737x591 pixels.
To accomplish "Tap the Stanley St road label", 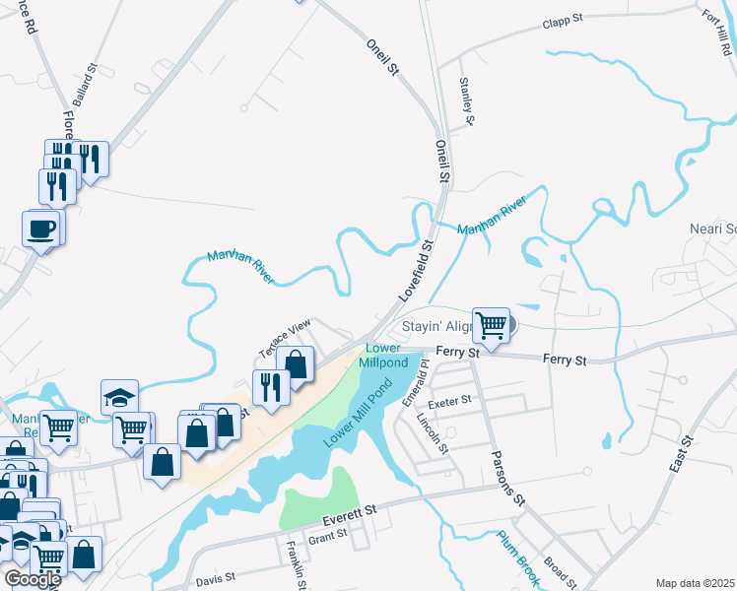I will [467, 99].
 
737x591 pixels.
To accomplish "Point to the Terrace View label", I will [285, 338].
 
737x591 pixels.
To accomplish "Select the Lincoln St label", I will [434, 433].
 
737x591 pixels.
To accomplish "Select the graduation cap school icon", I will [119, 396].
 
